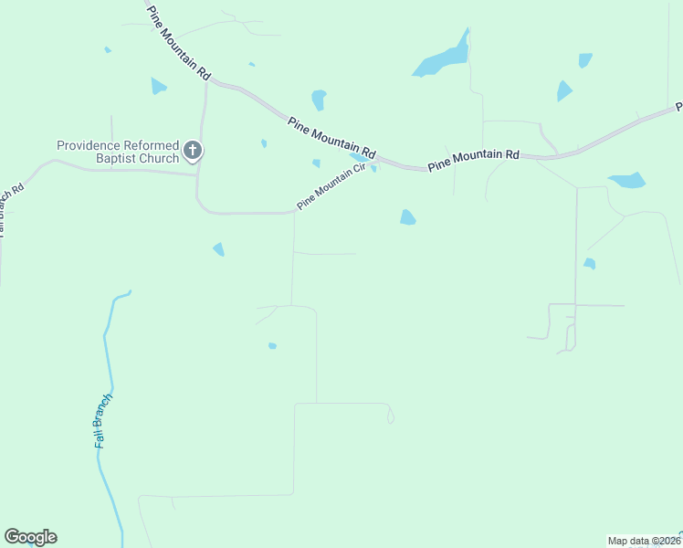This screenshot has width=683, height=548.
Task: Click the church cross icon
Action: point(193,151)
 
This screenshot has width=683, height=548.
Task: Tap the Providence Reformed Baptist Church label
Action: point(118,152)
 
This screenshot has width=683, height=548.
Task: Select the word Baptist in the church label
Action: point(120,158)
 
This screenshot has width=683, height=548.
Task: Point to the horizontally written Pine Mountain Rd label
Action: point(473,160)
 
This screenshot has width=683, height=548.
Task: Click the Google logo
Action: point(30,536)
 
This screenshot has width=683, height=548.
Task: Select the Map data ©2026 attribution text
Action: point(645,541)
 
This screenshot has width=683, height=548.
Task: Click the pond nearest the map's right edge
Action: point(627,180)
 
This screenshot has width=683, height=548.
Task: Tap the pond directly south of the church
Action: point(218,249)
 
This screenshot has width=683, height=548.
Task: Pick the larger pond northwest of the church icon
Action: point(158,87)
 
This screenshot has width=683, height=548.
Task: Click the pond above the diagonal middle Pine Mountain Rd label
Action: point(319,99)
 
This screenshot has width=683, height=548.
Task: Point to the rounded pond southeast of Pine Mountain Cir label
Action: point(407,217)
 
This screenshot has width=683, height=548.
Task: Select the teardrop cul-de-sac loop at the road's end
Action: point(391,416)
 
